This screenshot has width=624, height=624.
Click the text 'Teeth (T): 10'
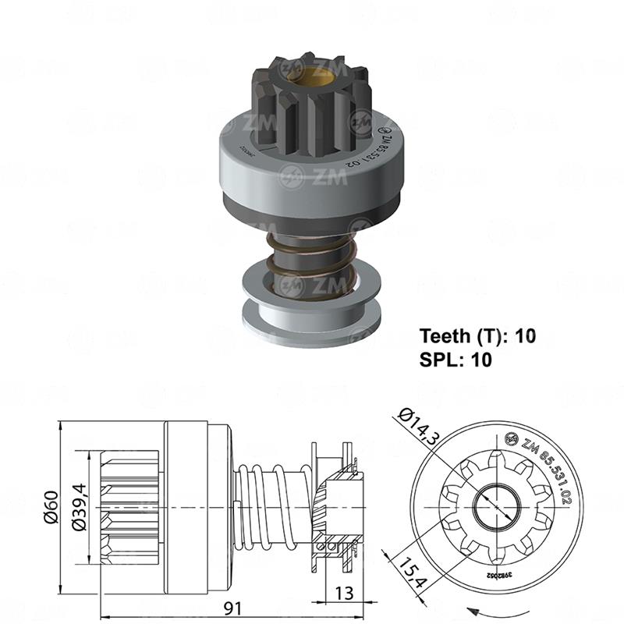point(477,337)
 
